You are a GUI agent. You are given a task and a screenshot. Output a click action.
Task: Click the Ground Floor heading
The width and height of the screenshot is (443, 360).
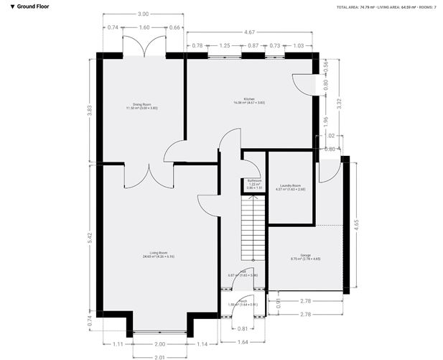click(32, 6)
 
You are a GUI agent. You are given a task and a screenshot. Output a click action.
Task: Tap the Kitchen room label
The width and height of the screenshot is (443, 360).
click(249, 100)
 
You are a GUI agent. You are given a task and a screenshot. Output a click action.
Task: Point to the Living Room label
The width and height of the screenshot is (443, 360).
click(159, 254)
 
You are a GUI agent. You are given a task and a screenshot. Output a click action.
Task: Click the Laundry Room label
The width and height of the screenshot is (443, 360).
click(291, 188)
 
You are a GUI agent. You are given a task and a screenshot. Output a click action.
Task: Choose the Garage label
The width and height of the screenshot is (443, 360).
click(305, 256)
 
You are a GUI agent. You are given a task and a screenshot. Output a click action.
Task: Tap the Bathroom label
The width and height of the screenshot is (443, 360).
click(253, 183)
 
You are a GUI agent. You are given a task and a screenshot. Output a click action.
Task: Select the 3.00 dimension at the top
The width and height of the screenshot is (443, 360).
click(144, 14)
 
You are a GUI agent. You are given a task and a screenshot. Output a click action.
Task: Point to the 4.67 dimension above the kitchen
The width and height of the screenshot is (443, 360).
click(249, 32)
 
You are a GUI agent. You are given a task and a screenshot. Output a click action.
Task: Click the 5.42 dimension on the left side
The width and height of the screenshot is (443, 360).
click(89, 236)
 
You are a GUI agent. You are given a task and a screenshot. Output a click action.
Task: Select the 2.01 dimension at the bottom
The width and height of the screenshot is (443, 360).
click(159, 356)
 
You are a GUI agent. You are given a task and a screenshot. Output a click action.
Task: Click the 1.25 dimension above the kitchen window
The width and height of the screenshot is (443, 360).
click(225, 46)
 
